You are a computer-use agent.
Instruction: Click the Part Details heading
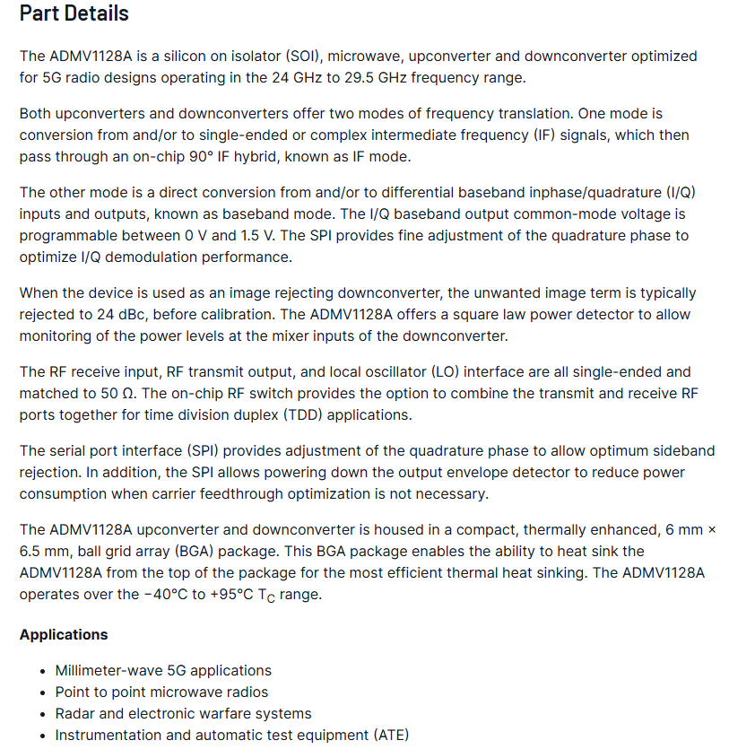[74, 13]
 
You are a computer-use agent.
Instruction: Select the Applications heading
[64, 634]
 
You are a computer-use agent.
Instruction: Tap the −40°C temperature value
[172, 594]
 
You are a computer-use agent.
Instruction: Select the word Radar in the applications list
[76, 713]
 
